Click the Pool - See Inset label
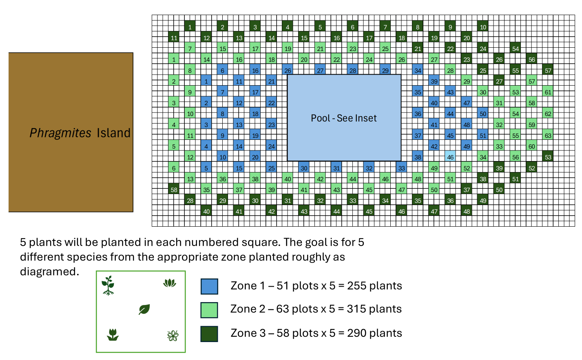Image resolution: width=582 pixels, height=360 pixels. [x=343, y=118]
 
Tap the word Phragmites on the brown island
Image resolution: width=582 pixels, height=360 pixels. [x=60, y=133]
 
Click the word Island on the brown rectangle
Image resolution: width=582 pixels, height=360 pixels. [x=113, y=133]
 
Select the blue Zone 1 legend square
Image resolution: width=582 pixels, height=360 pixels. [x=209, y=286]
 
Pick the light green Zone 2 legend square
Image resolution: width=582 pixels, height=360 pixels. [x=209, y=310]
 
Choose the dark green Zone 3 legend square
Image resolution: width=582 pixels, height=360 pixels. [x=209, y=334]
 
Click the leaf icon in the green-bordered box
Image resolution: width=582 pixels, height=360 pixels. [x=144, y=309]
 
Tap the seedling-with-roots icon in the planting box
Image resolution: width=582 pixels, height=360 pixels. [x=108, y=285]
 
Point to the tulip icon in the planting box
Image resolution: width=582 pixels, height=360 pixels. [x=113, y=335]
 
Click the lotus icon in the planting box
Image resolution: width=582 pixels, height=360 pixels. [x=170, y=283]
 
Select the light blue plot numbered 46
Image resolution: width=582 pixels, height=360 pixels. [x=450, y=157]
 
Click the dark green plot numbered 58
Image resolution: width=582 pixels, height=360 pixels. [x=174, y=189]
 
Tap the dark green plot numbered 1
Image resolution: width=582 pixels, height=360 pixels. [x=190, y=27]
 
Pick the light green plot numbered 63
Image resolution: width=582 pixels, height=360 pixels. [x=548, y=135]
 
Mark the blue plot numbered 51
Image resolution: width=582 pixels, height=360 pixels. [x=483, y=135]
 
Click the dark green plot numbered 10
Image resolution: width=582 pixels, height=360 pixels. [x=483, y=27]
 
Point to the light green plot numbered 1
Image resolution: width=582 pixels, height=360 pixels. [x=174, y=59]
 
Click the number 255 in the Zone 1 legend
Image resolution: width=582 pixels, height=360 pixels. [x=356, y=286]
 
